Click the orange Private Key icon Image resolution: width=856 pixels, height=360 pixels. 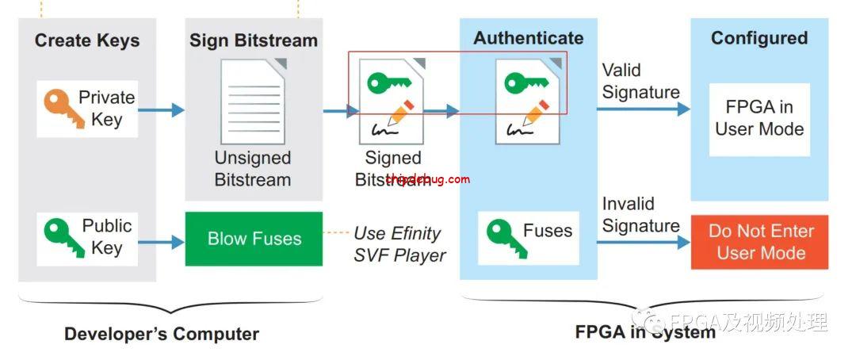coord(56,109)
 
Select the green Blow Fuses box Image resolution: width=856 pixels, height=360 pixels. coord(254,239)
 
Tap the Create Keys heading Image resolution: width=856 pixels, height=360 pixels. coord(87,40)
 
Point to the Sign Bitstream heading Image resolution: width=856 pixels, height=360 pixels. coord(253,40)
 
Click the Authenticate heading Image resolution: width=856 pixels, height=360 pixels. coord(528,38)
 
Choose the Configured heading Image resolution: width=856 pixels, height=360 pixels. coord(759,38)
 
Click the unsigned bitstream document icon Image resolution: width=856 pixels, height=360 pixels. coord(253,101)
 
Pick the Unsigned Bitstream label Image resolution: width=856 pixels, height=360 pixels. coord(253,168)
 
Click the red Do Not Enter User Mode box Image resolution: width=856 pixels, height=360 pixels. coord(760,242)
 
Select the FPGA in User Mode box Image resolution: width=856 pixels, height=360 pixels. coord(759,118)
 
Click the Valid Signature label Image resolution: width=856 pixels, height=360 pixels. coord(640,81)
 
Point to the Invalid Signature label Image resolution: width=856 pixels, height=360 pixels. coord(640,215)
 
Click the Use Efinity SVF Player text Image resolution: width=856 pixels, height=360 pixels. coord(399,243)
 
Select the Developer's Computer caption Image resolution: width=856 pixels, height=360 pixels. coord(162,334)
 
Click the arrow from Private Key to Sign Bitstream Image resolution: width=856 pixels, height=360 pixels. coord(162,110)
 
